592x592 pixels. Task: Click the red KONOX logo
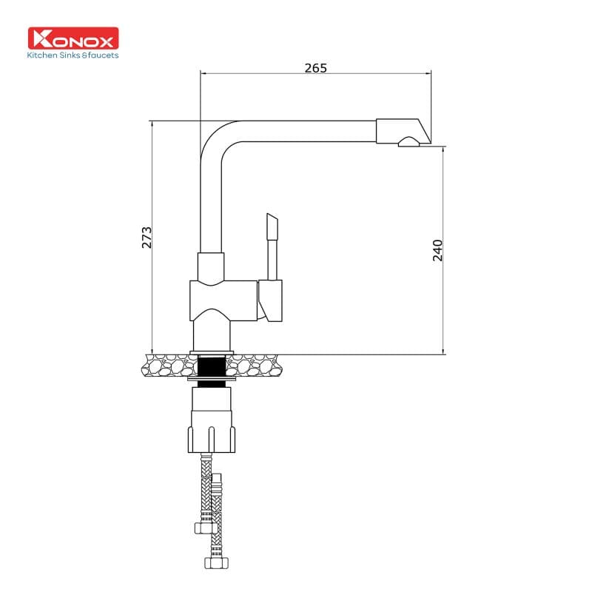[x=73, y=38]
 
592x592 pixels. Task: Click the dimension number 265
[x=315, y=68]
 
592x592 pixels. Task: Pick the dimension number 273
[x=147, y=237]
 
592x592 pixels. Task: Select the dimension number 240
[x=437, y=250]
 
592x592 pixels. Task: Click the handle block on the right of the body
[x=270, y=301]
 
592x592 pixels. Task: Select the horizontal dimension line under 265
[x=315, y=73]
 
